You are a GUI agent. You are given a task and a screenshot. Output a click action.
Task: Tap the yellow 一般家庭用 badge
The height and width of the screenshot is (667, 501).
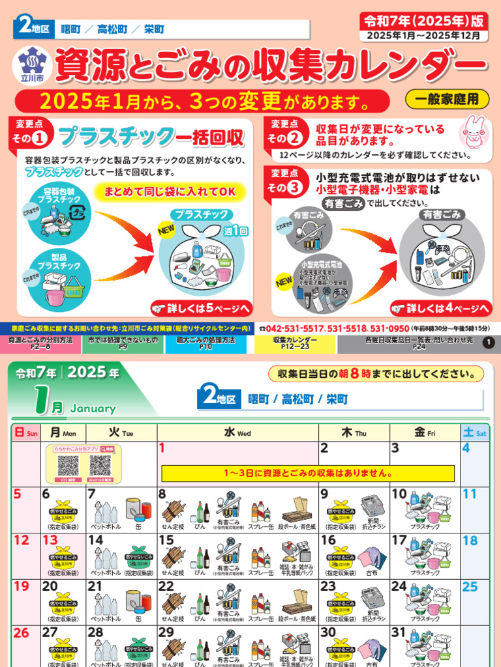coord(447,99)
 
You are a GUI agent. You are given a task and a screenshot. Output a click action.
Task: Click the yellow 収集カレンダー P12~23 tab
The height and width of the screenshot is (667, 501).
coord(295,344)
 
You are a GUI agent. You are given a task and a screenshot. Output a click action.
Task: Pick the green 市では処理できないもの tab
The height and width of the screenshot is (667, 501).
coord(123,344)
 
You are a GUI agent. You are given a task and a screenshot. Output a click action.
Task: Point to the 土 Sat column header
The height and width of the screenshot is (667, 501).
coord(474,433)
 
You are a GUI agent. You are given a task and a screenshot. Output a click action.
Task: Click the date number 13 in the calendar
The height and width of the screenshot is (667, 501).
coord(50,541)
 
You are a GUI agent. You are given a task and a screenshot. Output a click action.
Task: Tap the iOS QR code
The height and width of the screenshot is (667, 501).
coord(68,465)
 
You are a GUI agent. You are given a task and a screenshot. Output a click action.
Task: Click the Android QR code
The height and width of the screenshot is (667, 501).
coord(100,465)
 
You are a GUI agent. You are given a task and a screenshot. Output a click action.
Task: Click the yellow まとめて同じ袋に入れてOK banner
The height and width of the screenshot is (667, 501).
coord(171,192)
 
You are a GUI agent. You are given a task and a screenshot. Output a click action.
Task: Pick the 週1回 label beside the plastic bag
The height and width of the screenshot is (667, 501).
coord(236,231)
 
